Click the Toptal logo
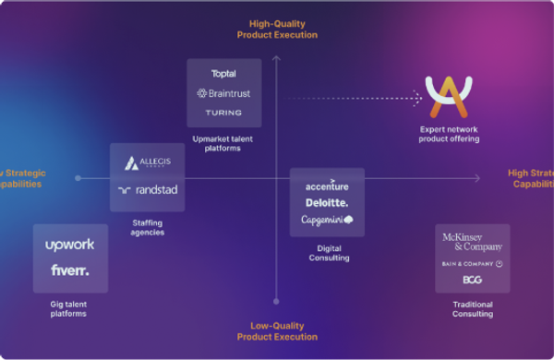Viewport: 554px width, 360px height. [x=223, y=74]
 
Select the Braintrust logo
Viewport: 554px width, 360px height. [x=223, y=93]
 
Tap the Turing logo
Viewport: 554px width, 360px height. [x=223, y=113]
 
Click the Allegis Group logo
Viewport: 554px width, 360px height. [x=148, y=163]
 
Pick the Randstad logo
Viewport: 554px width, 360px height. [x=148, y=190]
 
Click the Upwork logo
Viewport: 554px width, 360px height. [x=70, y=246]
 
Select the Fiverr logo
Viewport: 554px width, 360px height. [x=70, y=270]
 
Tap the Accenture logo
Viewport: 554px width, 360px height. [x=327, y=185]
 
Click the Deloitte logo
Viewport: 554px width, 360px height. [x=327, y=202]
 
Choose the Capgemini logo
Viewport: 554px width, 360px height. [x=327, y=221]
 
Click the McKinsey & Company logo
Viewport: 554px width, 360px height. [x=472, y=242]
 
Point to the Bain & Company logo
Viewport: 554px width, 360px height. [x=472, y=264]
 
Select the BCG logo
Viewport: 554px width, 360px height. [x=472, y=280]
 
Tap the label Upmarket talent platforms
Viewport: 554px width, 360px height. [x=223, y=143]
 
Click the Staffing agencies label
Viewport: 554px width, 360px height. [x=148, y=227]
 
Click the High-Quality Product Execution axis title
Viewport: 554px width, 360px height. [x=276, y=29]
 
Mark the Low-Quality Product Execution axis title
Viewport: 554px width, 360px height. [x=276, y=330]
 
